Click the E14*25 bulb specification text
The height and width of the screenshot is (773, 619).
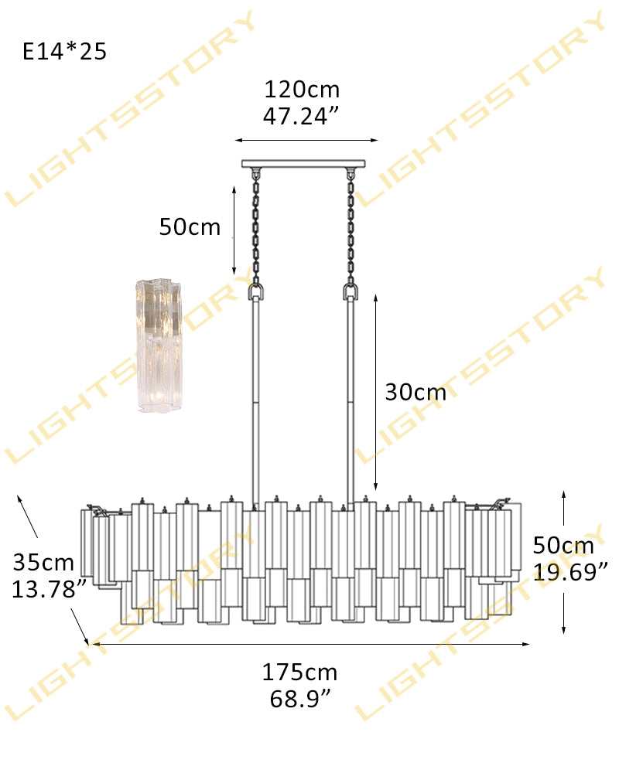click(65, 51)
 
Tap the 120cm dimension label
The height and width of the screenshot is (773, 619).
click(302, 90)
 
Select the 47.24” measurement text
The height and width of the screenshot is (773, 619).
click(301, 117)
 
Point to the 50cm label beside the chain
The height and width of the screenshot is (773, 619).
click(190, 227)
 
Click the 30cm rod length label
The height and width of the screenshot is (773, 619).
click(416, 393)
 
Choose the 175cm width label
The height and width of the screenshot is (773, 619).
click(299, 673)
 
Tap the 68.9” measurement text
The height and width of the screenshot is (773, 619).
click(300, 699)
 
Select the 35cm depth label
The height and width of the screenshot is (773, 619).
click(43, 563)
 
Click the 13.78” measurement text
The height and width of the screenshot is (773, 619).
click(50, 589)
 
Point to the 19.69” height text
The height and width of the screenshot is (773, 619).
click(571, 572)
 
